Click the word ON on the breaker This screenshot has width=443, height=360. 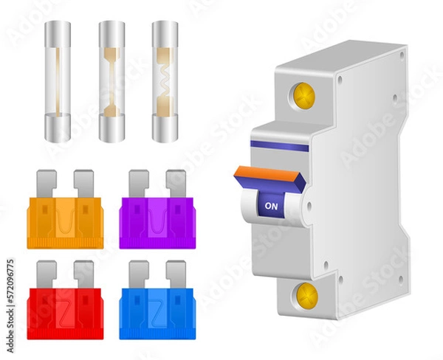coord(271,207)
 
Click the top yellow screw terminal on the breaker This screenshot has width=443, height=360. coord(303,96)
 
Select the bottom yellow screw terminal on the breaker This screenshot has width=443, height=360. coord(306,296)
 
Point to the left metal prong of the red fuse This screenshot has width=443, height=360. coord(46,272)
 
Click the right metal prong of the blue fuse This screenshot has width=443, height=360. coord(176,272)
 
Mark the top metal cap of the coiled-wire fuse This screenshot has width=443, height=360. coord(165,33)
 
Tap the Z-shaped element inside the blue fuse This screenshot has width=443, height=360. coord(157,310)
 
